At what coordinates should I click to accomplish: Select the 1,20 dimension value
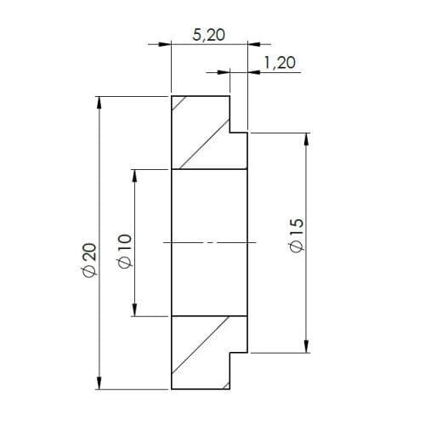tap(278, 62)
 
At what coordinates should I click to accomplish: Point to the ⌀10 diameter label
tap(124, 252)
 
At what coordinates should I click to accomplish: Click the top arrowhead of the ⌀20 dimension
tap(100, 102)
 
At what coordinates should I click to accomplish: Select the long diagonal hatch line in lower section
tap(200, 344)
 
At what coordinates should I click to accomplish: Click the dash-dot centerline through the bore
tap(207, 243)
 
